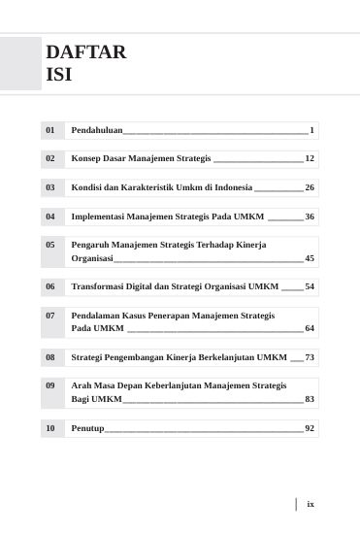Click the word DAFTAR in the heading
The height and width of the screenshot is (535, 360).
pos(85,52)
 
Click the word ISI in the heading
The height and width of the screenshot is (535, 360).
pos(58,74)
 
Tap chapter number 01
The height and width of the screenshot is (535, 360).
pos(49,129)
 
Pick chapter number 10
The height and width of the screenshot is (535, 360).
pos(49,428)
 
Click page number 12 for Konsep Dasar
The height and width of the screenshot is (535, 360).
pos(309,157)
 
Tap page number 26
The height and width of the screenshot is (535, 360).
pos(309,186)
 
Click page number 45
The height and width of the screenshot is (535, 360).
pos(309,259)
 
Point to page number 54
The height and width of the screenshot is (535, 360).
pos(309,287)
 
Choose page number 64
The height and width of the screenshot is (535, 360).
pos(309,329)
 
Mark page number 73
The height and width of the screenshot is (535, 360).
pos(309,358)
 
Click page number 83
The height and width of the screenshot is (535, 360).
pos(309,399)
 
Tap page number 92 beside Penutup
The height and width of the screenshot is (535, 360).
pos(309,428)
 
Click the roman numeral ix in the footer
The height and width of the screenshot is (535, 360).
pos(311,504)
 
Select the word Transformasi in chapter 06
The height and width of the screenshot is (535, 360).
pos(100,287)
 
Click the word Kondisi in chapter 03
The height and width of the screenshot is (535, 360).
pos(88,186)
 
